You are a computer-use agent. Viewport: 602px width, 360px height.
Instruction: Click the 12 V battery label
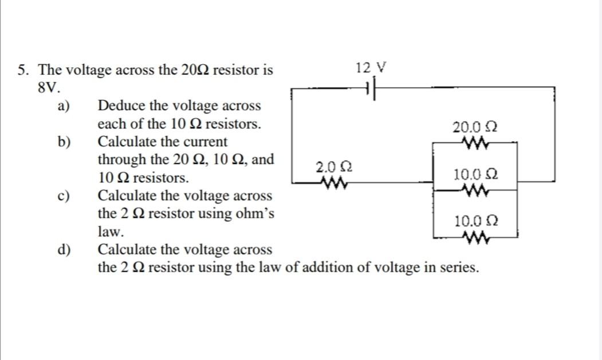(x=371, y=68)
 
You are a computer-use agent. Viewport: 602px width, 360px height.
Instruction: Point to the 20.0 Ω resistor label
(x=474, y=126)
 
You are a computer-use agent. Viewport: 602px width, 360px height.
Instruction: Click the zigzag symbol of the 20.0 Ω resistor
(x=475, y=141)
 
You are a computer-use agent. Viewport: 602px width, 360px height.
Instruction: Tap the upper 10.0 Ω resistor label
(x=475, y=174)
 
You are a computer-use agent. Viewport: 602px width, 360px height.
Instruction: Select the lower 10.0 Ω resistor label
(x=475, y=221)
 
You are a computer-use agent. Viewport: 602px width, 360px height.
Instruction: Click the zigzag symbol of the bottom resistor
(x=475, y=236)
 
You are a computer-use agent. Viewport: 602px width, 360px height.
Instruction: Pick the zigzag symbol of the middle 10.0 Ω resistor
(x=475, y=189)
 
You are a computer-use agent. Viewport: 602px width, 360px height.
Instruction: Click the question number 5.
(x=23, y=71)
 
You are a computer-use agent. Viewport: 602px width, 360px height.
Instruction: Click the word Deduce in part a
(x=120, y=106)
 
